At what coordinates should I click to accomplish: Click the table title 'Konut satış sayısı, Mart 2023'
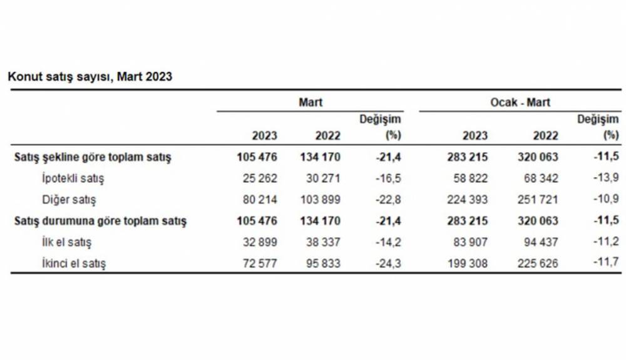pos(90,76)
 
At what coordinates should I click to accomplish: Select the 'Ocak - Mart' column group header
pos(520,101)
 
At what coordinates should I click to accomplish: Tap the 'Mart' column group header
pos(310,101)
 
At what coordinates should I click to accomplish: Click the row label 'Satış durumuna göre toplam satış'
pos(100,221)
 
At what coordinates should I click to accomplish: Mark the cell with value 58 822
pos(469,178)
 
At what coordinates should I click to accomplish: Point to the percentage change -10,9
pos(607,200)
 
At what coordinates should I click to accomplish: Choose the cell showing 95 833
pos(321,264)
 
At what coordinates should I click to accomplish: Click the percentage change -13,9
pos(607,178)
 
